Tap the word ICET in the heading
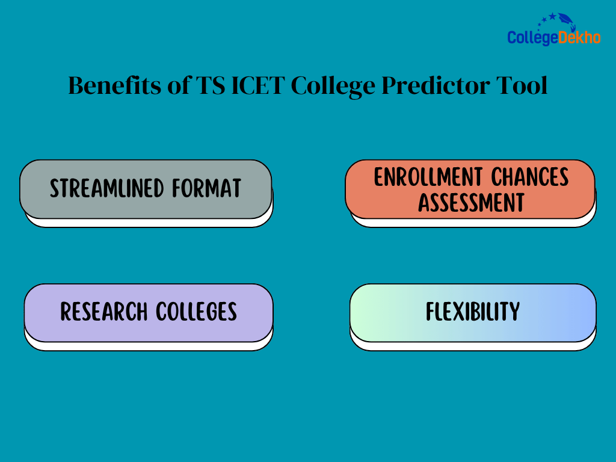(x=257, y=85)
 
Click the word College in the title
(x=333, y=86)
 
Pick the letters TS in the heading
(x=211, y=85)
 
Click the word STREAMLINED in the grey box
(x=106, y=188)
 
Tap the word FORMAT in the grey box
(x=207, y=188)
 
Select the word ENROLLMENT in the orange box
(x=428, y=177)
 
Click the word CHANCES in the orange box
(x=530, y=177)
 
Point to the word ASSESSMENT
(x=471, y=202)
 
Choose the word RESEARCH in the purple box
(x=103, y=312)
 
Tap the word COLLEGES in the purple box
(x=197, y=312)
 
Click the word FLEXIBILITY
(x=473, y=312)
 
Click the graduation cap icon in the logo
(x=567, y=20)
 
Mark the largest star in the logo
(x=553, y=16)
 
